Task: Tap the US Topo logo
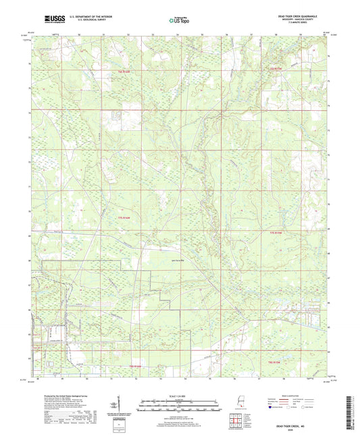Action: [179, 21]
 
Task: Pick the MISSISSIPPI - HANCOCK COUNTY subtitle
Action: [297, 20]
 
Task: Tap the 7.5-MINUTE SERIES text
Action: [297, 24]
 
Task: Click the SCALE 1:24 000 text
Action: [179, 396]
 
